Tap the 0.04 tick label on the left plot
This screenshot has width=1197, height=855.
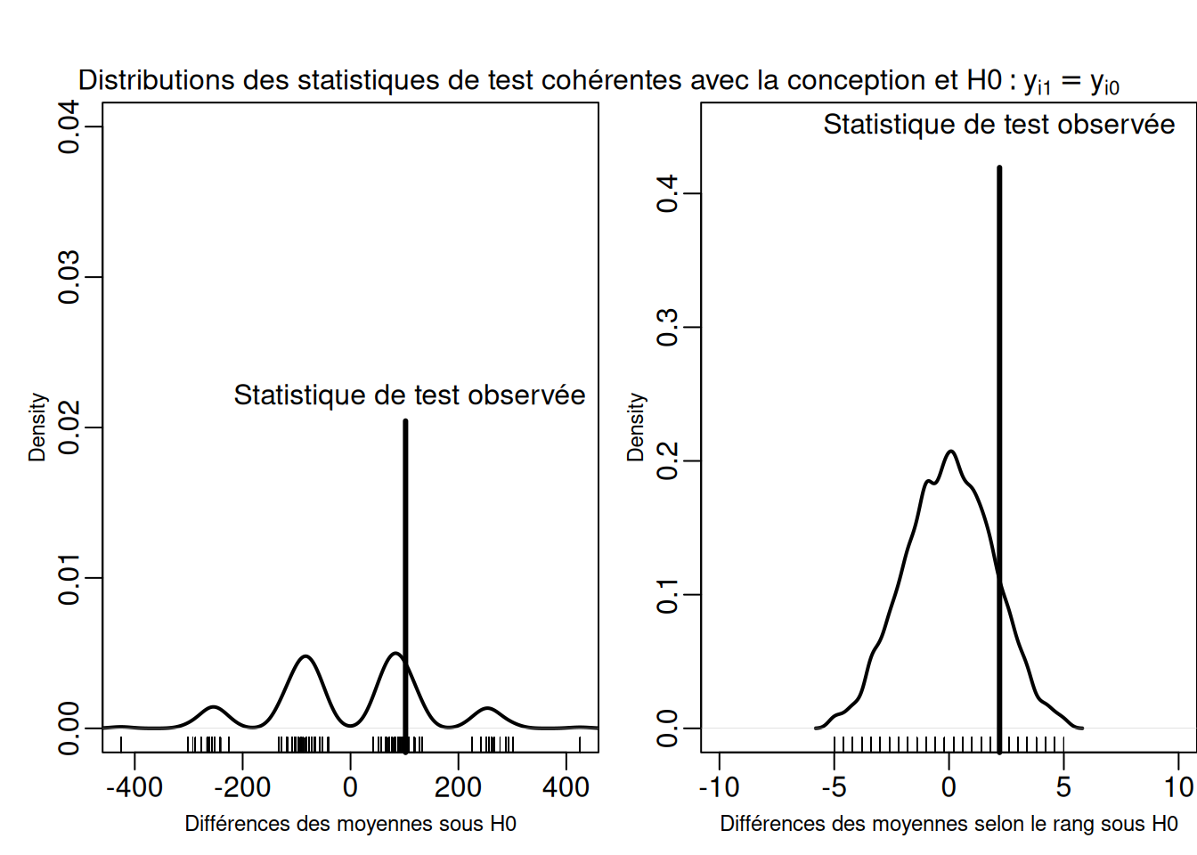coord(69,126)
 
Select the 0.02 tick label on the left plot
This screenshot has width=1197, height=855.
coord(69,427)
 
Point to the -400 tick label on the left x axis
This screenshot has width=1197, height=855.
coord(134,787)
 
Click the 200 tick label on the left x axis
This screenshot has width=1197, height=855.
coord(458,787)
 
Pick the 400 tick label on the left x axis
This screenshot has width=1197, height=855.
coord(566,787)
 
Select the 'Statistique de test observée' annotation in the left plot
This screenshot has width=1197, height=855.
coord(410,395)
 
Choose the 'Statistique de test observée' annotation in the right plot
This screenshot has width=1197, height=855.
coord(998,125)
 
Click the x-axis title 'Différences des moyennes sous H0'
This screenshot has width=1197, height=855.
coord(350,824)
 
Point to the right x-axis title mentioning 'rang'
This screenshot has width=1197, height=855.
coord(949,824)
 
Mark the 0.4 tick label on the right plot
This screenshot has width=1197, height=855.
coord(668,193)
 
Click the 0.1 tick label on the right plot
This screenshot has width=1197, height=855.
coord(668,595)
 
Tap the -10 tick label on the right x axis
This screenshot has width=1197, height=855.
coord(719,787)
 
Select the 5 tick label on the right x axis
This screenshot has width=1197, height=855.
coord(1063,787)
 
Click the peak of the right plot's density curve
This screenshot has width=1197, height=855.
coord(951,452)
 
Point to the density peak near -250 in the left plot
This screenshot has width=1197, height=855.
coord(213,707)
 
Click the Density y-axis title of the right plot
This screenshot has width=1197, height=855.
coord(635,427)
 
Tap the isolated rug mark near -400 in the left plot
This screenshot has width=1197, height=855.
coord(121,744)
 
